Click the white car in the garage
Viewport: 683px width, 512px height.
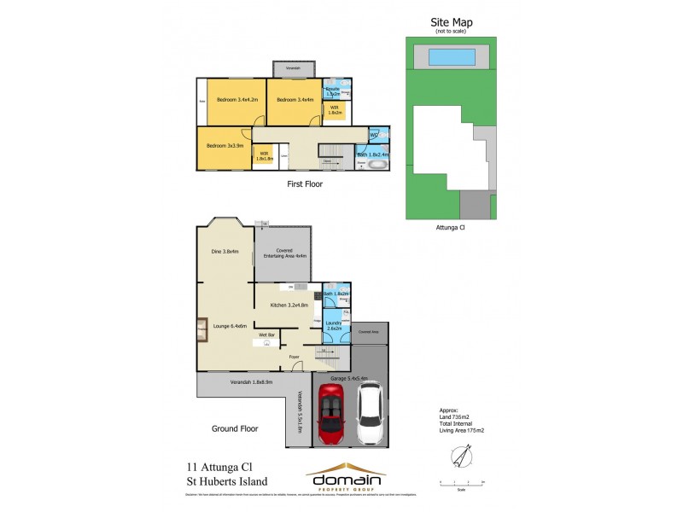tap(370, 413)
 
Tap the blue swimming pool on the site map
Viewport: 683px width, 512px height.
tap(452, 57)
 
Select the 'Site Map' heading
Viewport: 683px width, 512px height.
tap(452, 22)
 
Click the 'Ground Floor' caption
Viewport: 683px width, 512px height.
tap(236, 428)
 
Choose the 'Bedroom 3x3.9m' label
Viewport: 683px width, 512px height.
tap(225, 146)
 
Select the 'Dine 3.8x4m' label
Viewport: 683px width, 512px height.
tap(225, 252)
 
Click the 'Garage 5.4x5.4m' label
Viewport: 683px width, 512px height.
tap(352, 378)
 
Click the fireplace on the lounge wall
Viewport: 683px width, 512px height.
tap(201, 329)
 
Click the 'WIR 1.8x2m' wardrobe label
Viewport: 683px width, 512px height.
tap(335, 110)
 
